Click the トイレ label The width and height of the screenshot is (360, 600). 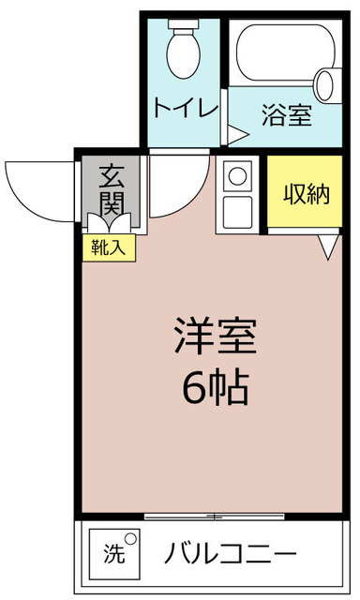(186, 108)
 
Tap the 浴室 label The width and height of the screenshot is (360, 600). (287, 114)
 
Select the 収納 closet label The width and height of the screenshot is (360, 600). (307, 194)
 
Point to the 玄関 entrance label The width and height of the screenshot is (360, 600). (112, 189)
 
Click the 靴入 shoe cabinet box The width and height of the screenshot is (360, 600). (109, 247)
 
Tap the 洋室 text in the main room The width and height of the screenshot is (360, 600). (216, 336)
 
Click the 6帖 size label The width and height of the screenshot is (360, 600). (217, 387)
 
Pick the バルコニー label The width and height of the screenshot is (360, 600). (231, 553)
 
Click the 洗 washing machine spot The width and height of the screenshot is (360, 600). (114, 554)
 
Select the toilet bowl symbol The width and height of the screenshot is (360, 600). (184, 49)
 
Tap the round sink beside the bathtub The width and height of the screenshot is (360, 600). (325, 85)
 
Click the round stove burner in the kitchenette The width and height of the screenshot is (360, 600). (237, 176)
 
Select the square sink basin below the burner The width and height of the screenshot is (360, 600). (237, 213)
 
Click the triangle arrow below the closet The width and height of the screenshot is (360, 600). (329, 247)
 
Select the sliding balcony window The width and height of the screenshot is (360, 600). (215, 517)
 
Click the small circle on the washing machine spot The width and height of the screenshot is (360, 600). (131, 539)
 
